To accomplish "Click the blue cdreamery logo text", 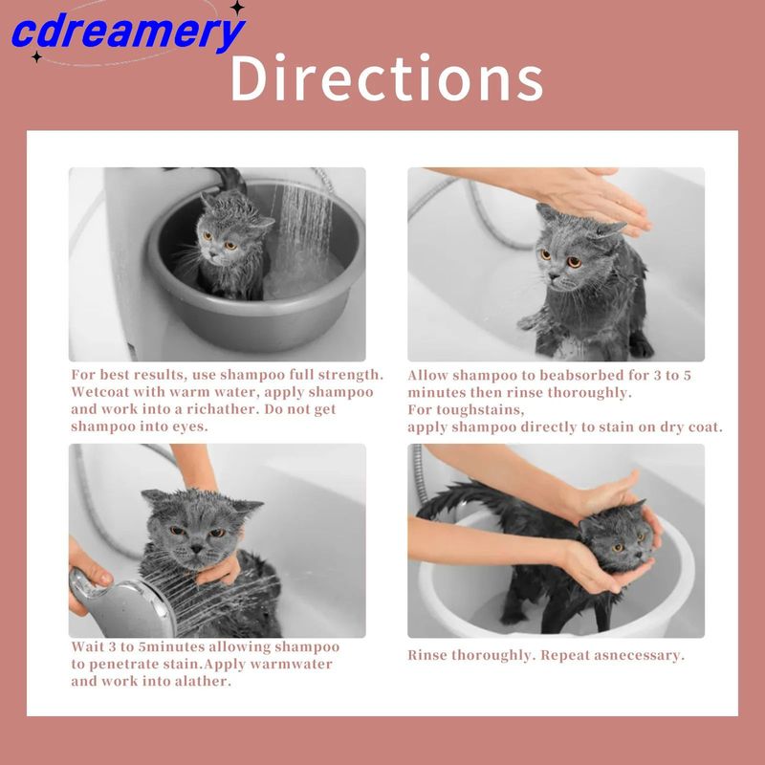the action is pyautogui.click(x=128, y=33).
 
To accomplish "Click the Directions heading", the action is pyautogui.click(x=386, y=78).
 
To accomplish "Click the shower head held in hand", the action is pyautogui.click(x=122, y=604).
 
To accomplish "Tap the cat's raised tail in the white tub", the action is pyautogui.click(x=459, y=498).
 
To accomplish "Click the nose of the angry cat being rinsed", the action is pyautogui.click(x=197, y=549).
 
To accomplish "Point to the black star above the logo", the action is pyautogui.click(x=237, y=7).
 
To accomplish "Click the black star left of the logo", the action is pyautogui.click(x=36, y=57).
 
